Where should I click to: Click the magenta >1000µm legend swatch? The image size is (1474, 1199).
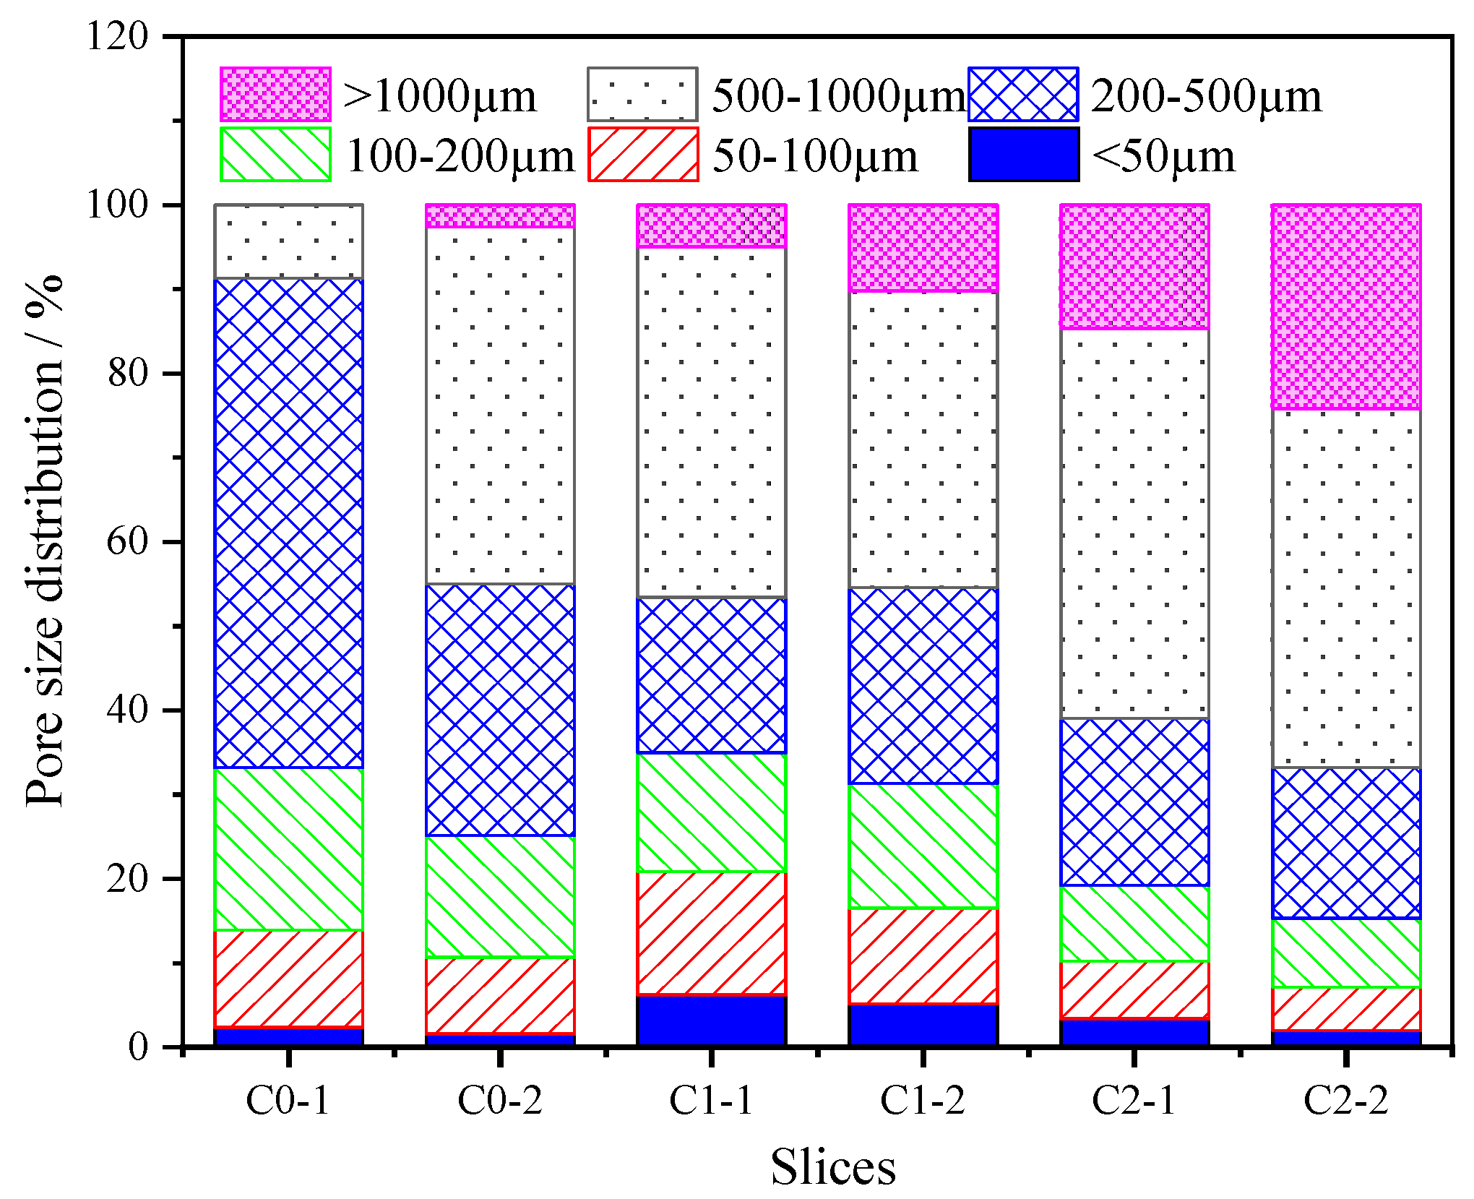[275, 95]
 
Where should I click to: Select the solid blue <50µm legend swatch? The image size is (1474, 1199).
[1024, 154]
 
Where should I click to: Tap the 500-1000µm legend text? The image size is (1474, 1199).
[838, 95]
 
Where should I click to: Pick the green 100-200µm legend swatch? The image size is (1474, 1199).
[275, 154]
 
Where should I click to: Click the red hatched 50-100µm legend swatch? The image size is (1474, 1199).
[643, 154]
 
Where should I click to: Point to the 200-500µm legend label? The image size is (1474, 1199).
[1206, 95]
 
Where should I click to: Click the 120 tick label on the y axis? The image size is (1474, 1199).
[117, 35]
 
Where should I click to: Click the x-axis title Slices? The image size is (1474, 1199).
[832, 1167]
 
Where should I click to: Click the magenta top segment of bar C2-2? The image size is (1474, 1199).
[1346, 307]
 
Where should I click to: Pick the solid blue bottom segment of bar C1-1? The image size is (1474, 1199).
[712, 1020]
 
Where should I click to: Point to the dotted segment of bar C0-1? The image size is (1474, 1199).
[289, 241]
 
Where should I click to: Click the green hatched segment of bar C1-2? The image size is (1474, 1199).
[923, 846]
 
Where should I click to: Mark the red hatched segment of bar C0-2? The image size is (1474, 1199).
[500, 996]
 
